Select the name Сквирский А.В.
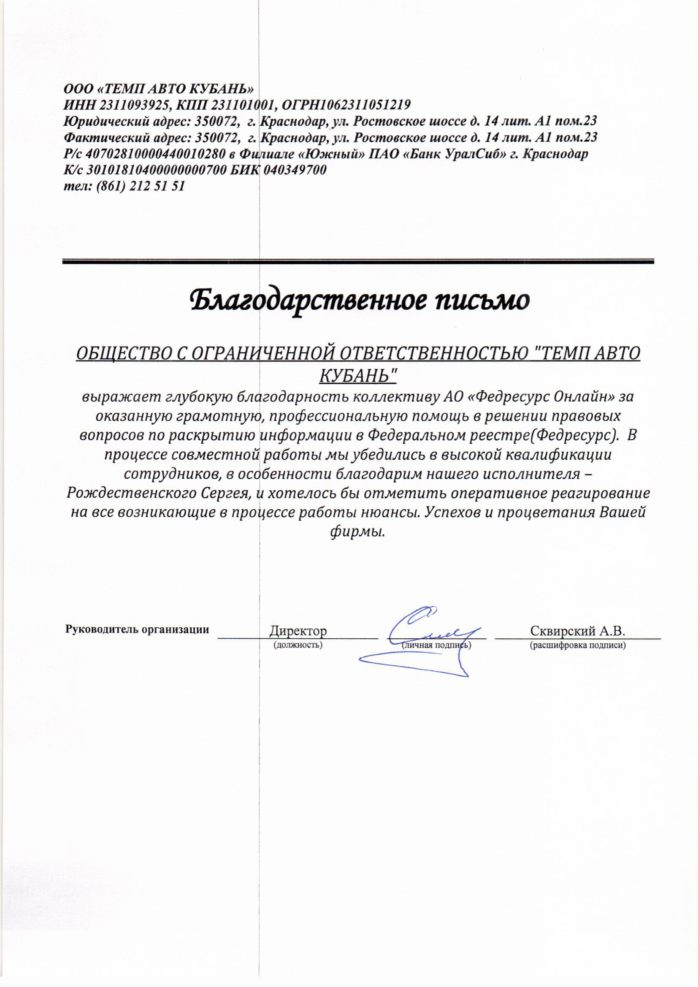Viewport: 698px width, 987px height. (x=577, y=631)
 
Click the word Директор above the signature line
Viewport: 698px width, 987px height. (x=298, y=631)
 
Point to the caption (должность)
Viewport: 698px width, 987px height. (x=298, y=645)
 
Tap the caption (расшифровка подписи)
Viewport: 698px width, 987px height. (x=577, y=645)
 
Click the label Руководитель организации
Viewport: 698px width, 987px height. (x=137, y=629)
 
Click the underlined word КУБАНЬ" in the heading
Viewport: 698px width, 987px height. (x=357, y=376)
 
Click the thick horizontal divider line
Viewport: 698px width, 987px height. (x=357, y=261)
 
